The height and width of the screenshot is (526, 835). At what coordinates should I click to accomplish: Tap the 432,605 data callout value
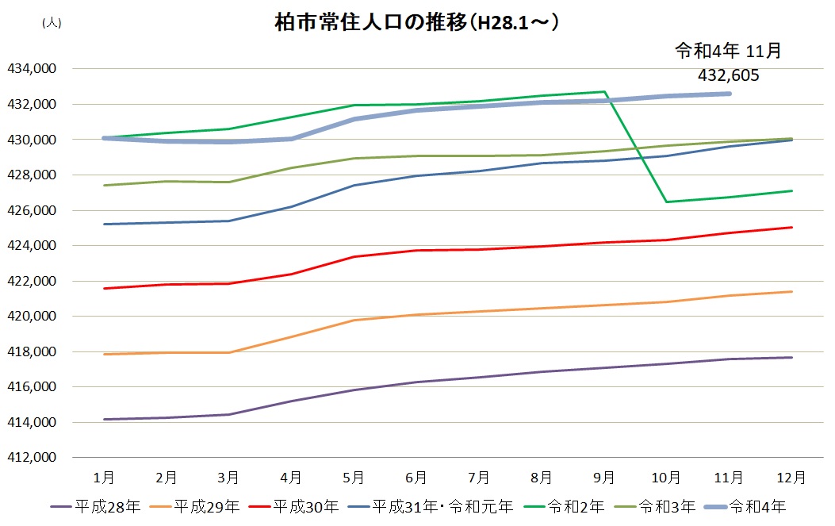pyautogui.click(x=729, y=75)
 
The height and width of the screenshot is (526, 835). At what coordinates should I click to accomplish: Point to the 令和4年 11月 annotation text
pyautogui.click(x=728, y=52)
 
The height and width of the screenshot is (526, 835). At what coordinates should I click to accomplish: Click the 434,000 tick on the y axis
pyautogui.click(x=31, y=69)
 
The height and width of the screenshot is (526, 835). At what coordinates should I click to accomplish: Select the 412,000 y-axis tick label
pyautogui.click(x=31, y=458)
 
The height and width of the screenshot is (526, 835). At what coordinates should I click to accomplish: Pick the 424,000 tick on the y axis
pyautogui.click(x=31, y=246)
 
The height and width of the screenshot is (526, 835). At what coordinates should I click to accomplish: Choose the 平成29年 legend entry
pyautogui.click(x=195, y=506)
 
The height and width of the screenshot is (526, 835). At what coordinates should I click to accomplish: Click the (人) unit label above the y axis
pyautogui.click(x=51, y=23)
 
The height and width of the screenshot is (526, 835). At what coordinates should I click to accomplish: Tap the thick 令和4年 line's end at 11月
pyautogui.click(x=729, y=94)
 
